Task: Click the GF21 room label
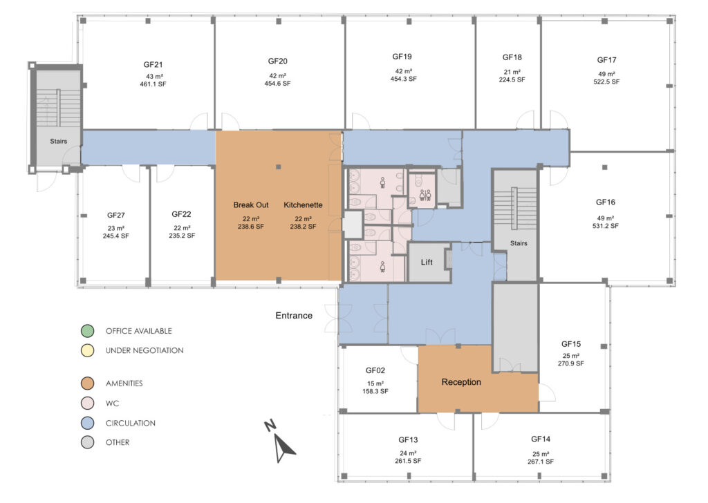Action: coord(153,65)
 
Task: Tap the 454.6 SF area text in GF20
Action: coord(277,84)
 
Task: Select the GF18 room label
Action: coord(512,57)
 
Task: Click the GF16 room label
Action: coord(606,202)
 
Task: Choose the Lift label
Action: coord(427,263)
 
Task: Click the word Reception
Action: coord(461,382)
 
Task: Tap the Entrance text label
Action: coord(294,316)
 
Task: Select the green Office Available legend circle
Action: coord(86,331)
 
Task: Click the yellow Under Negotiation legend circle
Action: coord(86,351)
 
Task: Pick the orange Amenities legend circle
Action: coord(86,383)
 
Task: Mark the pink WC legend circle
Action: coord(86,404)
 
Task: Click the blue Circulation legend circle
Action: coord(86,423)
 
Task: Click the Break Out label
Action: coord(251,205)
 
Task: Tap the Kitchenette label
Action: coord(303,205)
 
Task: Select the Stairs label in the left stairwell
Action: coord(59,141)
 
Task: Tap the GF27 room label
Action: coord(115,215)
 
